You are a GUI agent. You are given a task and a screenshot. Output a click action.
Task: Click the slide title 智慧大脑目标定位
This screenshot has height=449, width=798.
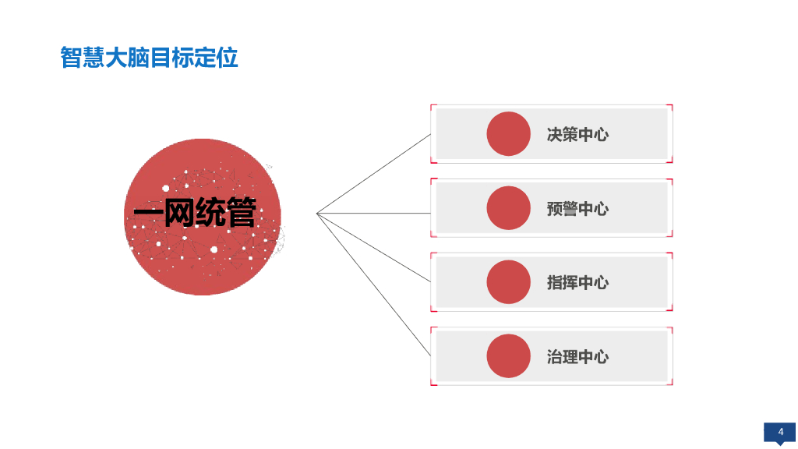149,58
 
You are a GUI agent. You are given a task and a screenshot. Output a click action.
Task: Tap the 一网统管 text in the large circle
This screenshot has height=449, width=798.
195,213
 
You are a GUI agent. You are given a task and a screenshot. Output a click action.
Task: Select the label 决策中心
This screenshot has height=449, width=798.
577,134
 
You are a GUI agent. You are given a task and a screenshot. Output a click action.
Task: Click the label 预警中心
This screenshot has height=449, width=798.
577,209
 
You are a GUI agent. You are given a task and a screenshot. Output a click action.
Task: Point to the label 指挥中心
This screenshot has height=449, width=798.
577,283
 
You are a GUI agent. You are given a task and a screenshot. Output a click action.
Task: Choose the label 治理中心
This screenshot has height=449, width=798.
577,357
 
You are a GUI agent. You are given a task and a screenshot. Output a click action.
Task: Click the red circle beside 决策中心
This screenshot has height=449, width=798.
508,133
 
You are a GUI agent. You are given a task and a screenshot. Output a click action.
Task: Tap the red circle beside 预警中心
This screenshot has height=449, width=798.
508,208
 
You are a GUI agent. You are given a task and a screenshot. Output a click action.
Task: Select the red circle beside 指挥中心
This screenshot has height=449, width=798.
508,282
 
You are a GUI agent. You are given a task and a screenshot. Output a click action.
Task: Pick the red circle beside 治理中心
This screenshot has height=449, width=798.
508,356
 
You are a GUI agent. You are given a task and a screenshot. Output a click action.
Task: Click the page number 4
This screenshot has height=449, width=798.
780,432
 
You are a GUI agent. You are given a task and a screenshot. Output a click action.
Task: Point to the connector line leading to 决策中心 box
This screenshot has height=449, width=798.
374,173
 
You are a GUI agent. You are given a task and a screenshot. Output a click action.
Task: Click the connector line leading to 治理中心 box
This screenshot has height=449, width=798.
374,285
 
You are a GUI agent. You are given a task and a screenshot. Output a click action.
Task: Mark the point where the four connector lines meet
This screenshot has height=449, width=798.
317,213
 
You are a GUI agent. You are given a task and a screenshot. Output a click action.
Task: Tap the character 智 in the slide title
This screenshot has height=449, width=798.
70,58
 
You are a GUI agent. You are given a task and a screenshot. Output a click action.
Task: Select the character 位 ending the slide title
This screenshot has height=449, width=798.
228,58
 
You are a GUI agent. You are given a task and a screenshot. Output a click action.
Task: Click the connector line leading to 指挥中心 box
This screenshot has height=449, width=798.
374,247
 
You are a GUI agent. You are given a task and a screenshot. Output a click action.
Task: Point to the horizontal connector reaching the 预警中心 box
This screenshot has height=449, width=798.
374,213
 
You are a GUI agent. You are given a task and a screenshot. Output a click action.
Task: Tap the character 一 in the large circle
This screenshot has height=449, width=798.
146,213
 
